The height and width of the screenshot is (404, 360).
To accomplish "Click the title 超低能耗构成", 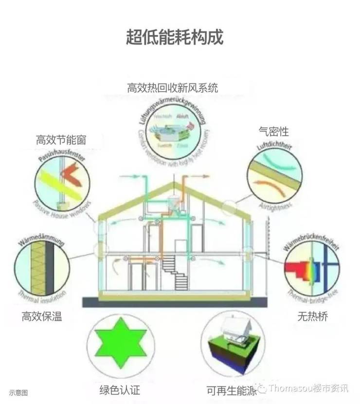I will (x=175, y=37).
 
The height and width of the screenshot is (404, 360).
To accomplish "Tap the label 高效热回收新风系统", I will (x=172, y=88).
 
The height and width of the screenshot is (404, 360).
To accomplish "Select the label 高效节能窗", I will (x=61, y=140).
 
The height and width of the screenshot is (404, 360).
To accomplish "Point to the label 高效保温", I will (x=42, y=317).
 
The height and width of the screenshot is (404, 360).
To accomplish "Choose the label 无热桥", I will (x=312, y=317).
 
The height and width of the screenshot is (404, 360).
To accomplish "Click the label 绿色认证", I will (x=120, y=390).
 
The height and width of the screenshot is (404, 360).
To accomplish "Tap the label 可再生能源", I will (x=231, y=390).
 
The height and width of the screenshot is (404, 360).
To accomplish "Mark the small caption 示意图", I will (x=18, y=392).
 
